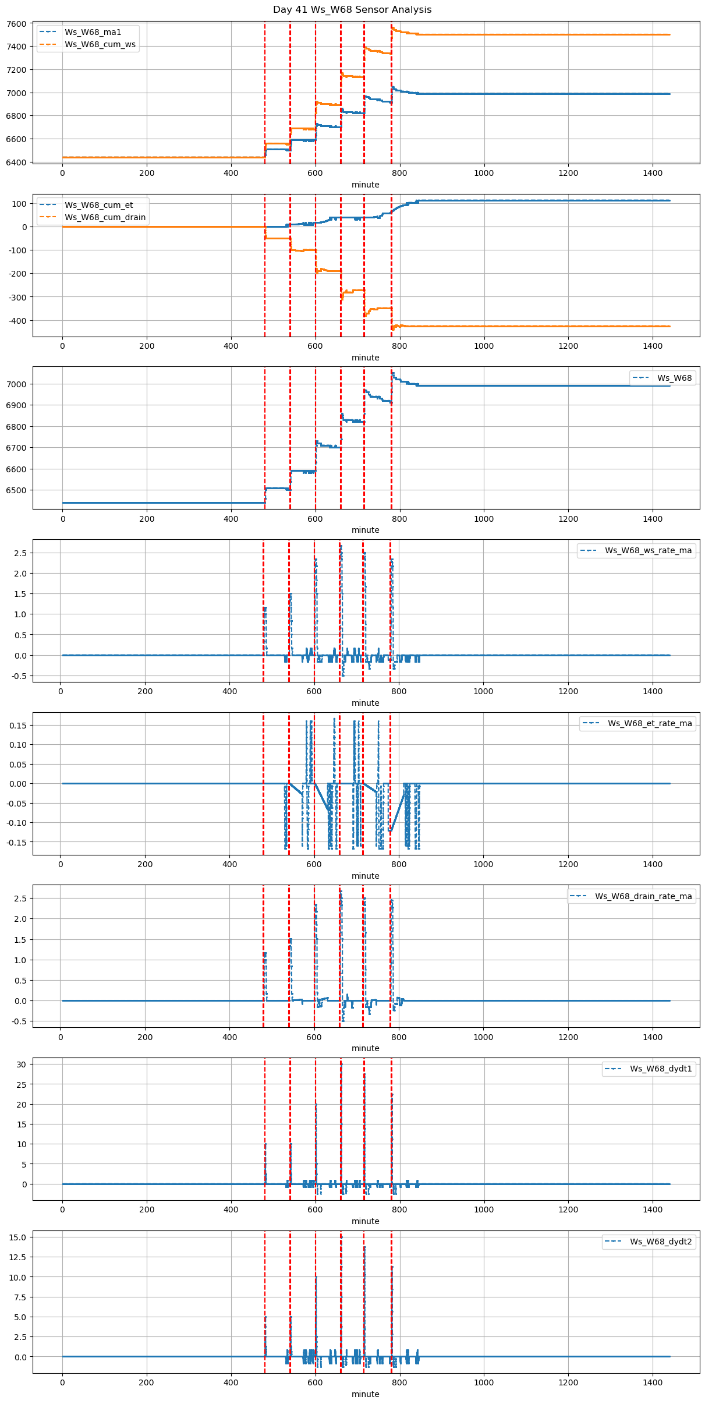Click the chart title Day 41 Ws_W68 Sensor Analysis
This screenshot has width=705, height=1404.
pos(352,10)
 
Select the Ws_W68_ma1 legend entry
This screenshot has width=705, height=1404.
pos(93,32)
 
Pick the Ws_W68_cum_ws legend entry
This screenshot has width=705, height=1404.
pos(100,44)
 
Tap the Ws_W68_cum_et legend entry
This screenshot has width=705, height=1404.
pos(98,205)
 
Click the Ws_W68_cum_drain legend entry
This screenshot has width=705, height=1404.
pos(105,217)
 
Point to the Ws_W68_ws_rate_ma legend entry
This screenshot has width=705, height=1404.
pos(648,550)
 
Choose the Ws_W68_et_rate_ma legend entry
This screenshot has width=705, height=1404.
pos(650,723)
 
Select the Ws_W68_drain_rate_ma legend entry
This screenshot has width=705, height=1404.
pos(643,896)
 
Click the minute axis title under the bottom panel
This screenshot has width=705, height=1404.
pos(365,1394)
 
